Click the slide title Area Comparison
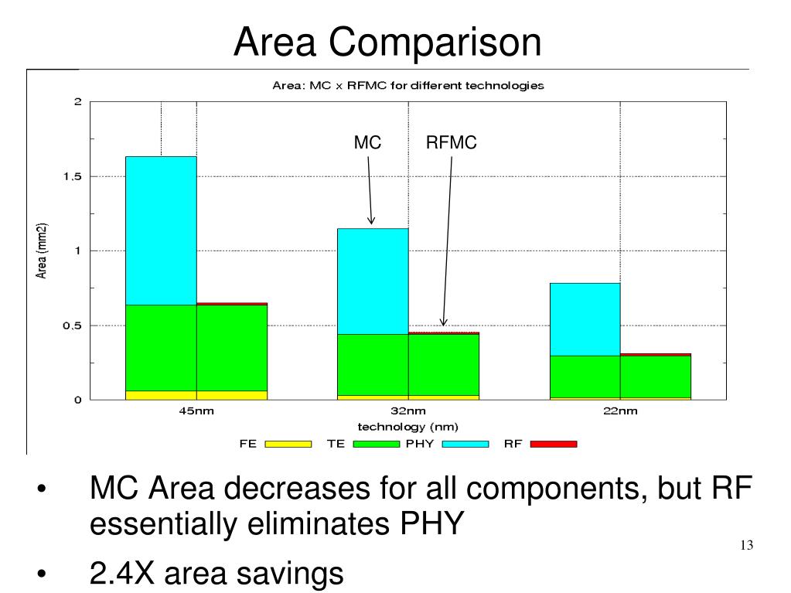tap(388, 42)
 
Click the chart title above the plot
tap(408, 85)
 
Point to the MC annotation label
tap(367, 143)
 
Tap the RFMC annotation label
tap(452, 143)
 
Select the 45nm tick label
tap(196, 411)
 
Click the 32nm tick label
tap(408, 411)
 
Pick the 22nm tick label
tap(620, 411)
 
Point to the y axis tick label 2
tap(77, 102)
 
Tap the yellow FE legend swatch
tap(288, 444)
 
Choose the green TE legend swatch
tap(377, 444)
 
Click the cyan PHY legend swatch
tap(465, 444)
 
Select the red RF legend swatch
tap(554, 444)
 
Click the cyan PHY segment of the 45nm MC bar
tap(161, 230)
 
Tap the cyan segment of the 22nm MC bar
tap(585, 319)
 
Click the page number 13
tap(746, 546)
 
